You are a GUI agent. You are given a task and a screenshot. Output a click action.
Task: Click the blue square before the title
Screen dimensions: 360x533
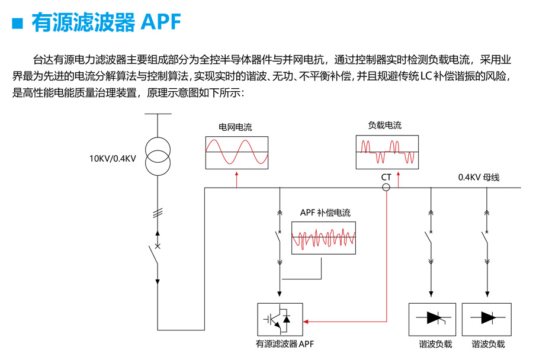click(17, 23)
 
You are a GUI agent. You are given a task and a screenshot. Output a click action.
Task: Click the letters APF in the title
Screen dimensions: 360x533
click(159, 23)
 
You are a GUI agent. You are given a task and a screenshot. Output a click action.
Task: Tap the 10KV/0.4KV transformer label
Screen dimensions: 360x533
click(113, 158)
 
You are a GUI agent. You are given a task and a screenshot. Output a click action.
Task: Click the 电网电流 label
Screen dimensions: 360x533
click(235, 127)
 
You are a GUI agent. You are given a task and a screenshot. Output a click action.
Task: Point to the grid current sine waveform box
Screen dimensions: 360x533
click(236, 152)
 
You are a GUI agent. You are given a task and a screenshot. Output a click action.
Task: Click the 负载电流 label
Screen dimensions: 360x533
click(385, 126)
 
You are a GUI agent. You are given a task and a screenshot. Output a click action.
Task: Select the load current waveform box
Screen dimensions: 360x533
click(387, 152)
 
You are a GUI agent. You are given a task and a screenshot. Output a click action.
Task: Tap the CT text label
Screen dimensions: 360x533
click(386, 177)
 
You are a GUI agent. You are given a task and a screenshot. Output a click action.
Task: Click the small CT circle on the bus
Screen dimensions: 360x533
click(386, 188)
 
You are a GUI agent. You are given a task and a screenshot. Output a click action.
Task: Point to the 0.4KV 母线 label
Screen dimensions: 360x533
click(479, 177)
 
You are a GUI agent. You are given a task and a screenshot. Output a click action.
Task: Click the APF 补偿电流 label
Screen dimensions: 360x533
click(325, 213)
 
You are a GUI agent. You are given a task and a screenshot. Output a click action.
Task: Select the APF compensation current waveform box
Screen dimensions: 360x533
click(324, 238)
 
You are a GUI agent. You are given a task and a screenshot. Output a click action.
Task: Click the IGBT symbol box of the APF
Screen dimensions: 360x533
click(280, 320)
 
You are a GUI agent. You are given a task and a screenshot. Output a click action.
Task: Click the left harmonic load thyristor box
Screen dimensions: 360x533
click(432, 320)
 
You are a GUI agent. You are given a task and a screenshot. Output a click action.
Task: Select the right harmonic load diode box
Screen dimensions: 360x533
click(487, 320)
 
